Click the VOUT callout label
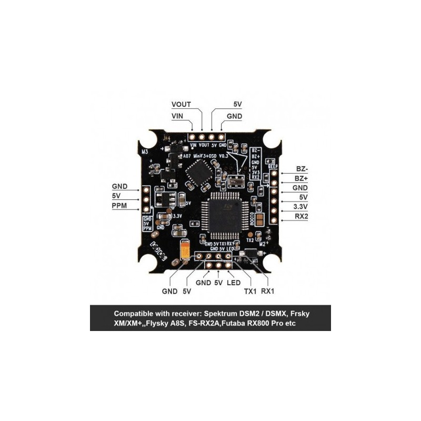click(182, 104)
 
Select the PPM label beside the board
click(120, 206)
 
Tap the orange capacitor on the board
click(185, 250)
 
